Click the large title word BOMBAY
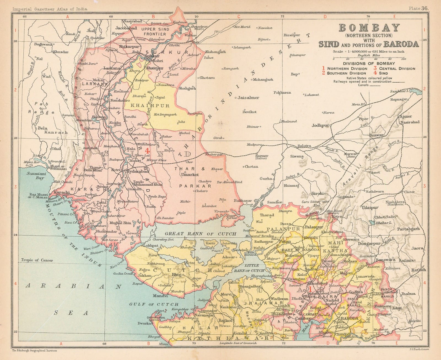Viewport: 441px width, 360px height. point(369,28)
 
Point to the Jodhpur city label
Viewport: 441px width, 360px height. point(321,125)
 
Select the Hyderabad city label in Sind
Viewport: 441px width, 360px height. point(138,171)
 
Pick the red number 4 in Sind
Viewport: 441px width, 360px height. point(147,151)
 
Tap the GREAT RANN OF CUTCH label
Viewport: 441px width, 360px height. point(200,234)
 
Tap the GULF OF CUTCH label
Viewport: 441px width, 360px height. point(154,304)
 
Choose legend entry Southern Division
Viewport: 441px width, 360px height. point(346,73)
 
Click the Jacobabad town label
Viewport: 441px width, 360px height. point(126,28)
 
